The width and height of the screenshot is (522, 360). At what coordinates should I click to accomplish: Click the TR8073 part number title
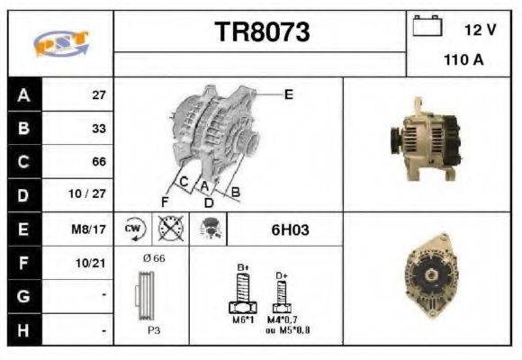coord(262,32)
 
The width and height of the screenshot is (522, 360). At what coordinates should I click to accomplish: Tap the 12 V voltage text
coord(480,30)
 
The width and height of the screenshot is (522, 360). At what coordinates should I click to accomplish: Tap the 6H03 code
coord(290,229)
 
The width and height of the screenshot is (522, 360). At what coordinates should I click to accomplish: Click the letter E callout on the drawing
coord(288,94)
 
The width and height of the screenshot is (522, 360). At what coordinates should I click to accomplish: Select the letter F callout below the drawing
coord(165,200)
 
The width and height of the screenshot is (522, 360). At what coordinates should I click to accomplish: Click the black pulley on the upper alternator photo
coord(394,142)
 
